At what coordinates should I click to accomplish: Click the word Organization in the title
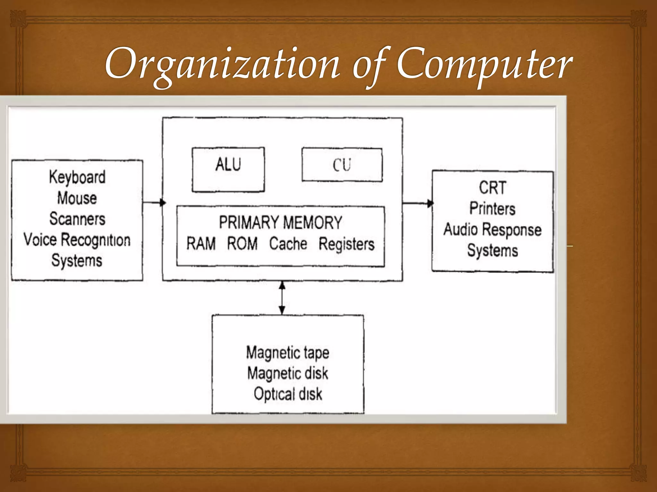[221, 64]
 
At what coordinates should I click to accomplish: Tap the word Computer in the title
[484, 64]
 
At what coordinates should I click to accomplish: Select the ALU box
[228, 169]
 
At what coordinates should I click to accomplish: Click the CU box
[342, 165]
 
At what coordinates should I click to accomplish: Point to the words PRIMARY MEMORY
[280, 222]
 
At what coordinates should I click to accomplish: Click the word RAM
[201, 243]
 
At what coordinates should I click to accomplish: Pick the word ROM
[242, 243]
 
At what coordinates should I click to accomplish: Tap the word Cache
[288, 243]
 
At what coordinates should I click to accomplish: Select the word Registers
[346, 244]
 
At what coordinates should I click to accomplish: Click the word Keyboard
[77, 177]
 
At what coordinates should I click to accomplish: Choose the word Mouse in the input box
[77, 198]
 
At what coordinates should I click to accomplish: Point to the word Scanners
[77, 219]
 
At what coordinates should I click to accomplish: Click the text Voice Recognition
[77, 240]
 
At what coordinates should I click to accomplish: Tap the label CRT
[492, 188]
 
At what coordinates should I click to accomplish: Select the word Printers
[492, 209]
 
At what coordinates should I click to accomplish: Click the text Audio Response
[492, 230]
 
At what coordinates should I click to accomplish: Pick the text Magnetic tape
[288, 353]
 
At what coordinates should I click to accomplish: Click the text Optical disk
[288, 394]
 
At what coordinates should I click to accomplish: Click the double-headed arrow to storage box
[282, 298]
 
